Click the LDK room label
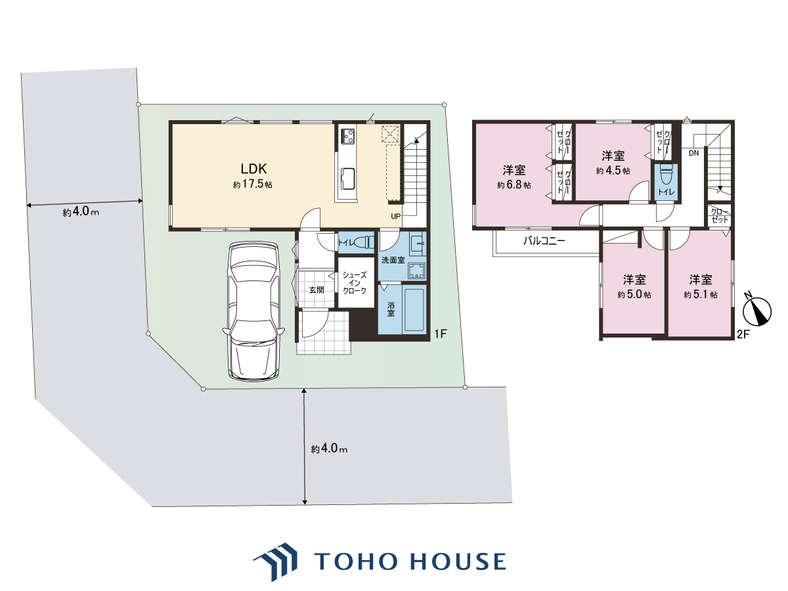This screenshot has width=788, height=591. [253, 169]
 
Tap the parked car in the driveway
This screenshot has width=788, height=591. [253, 311]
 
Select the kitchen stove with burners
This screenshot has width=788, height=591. [347, 136]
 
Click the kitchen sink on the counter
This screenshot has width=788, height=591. [348, 179]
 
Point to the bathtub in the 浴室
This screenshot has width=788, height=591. [414, 310]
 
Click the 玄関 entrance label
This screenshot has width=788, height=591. [317, 290]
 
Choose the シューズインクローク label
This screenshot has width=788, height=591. [355, 283]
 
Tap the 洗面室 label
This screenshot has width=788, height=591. [393, 260]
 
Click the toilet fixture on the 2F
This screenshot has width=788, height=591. [666, 175]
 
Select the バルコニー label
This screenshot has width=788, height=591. [544, 240]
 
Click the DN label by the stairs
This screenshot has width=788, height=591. [694, 153]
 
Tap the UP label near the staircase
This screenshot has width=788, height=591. [395, 217]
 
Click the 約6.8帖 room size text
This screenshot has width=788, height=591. [514, 185]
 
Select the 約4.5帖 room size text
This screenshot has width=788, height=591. [613, 171]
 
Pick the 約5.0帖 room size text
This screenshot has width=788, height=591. [634, 295]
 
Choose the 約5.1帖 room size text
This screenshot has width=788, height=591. [701, 295]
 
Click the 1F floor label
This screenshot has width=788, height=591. [441, 334]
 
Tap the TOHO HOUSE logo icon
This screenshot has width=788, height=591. [276, 561]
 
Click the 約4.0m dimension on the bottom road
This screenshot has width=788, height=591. [329, 449]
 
